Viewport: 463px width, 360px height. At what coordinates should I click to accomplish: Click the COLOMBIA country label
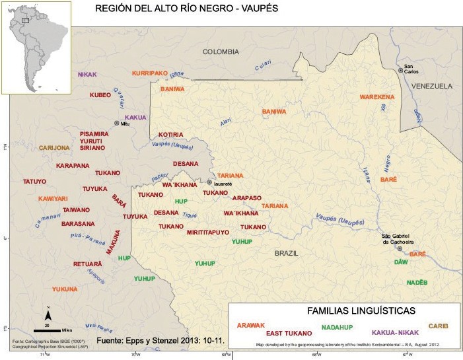[221, 52]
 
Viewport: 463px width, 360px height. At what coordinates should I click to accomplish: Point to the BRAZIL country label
[287, 253]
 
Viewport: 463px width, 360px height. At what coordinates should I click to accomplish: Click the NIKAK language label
[87, 75]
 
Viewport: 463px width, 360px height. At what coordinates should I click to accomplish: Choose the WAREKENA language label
[376, 97]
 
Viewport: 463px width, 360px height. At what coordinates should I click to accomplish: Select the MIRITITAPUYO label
[207, 233]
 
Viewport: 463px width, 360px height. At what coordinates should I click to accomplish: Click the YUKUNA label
[65, 289]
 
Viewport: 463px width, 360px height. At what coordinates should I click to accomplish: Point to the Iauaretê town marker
[210, 182]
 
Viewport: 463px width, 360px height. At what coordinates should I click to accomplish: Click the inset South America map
[36, 46]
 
